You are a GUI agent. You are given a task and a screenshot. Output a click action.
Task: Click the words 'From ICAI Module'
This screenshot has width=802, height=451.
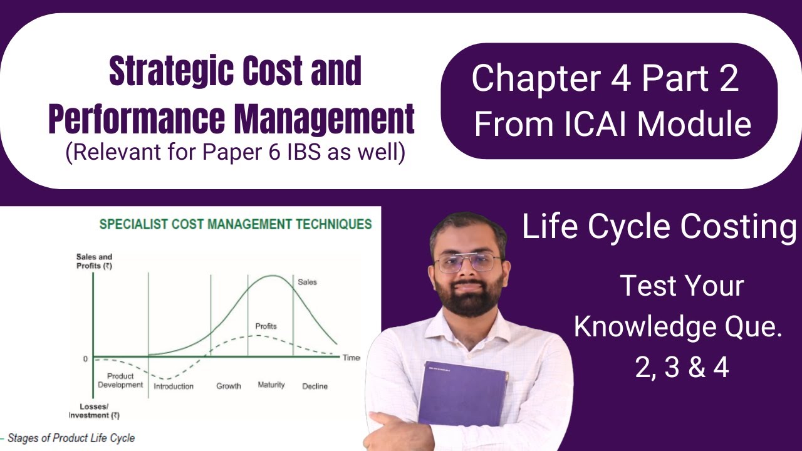612,123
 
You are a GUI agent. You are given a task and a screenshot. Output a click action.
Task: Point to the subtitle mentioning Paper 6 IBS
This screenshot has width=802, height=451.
235,153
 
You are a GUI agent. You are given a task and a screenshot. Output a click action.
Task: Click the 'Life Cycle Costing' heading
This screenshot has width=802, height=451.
659,228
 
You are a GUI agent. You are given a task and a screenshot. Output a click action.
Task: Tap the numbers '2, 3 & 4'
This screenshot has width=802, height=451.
682,368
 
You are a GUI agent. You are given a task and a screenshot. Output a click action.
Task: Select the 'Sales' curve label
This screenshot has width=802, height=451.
307,282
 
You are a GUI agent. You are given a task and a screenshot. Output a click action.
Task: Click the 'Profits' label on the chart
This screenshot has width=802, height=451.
266,326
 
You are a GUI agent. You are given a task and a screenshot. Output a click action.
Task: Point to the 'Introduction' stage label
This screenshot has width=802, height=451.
174,386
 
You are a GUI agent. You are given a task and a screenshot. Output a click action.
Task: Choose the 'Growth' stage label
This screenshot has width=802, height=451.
229,386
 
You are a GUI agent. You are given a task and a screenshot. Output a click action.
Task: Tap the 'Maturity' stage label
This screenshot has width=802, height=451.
271,385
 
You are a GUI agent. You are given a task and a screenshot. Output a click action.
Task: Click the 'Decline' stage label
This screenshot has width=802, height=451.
315,386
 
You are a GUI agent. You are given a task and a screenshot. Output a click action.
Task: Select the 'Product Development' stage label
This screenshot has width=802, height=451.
120,380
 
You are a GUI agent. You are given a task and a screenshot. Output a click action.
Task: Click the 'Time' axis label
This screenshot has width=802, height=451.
351,358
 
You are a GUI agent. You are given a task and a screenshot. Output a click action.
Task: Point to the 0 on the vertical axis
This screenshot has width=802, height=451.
85,359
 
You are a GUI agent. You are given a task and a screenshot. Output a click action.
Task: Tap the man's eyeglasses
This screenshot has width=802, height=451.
467,262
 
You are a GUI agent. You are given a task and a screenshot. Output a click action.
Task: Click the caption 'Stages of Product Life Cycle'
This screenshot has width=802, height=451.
71,438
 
